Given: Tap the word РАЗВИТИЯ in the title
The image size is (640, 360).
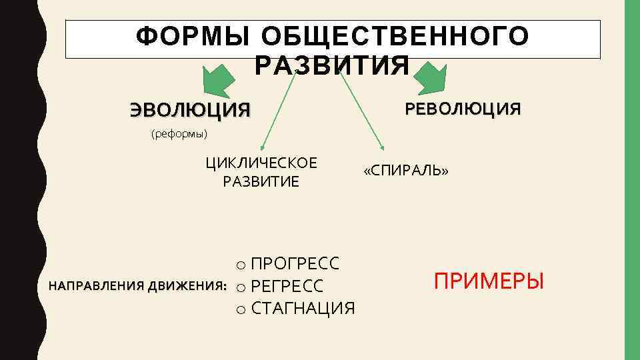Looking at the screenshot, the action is (332, 65).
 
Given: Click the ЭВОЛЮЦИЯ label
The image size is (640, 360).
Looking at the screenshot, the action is (191, 109).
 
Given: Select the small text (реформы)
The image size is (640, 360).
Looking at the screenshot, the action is (180, 134).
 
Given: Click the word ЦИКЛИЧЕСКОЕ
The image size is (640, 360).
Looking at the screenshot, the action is (261, 163).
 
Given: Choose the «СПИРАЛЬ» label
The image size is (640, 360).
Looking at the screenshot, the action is (406, 171).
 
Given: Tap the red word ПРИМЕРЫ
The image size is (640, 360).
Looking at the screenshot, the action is (489, 281).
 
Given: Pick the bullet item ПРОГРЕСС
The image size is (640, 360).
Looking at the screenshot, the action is (295, 263).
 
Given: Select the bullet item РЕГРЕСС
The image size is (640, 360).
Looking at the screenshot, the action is (287, 287).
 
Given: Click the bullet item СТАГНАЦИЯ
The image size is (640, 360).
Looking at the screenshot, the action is (303, 309).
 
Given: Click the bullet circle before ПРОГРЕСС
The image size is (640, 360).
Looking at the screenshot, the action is (241, 264).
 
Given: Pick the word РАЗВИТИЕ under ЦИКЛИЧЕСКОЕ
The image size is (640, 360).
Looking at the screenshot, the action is (261, 181).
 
